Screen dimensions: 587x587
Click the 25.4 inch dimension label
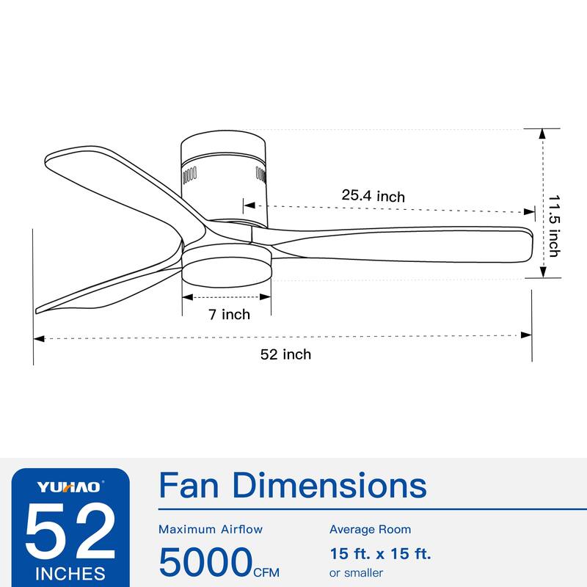[373, 196]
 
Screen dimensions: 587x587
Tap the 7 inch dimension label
[229, 315]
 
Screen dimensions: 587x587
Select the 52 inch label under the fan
[285, 354]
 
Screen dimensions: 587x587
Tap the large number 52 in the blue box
[70, 531]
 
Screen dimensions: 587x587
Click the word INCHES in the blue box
[70, 572]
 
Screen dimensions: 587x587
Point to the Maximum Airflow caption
[211, 529]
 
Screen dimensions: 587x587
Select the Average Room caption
[370, 529]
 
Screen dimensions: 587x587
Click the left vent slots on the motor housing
[189, 175]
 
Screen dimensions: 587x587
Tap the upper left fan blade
[110, 176]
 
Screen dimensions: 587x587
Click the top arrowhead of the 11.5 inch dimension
[542, 133]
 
